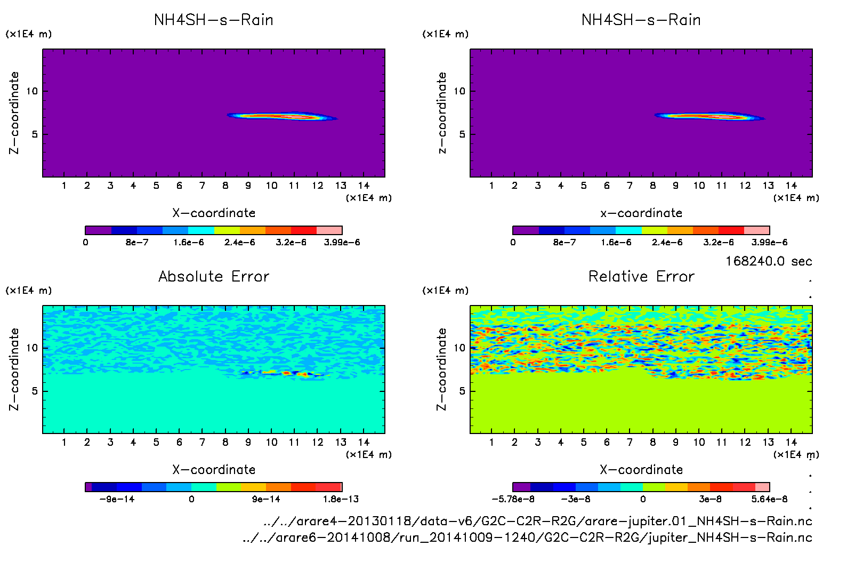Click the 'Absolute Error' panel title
point(214,276)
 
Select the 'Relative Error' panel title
point(641,276)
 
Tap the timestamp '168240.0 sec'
point(769,261)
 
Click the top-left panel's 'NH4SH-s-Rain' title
point(214,20)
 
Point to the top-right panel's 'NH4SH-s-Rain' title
point(641,20)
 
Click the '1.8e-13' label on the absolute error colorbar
point(341,499)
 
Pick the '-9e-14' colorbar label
point(117,499)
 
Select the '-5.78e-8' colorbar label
point(513,499)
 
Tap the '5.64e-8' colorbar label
point(769,499)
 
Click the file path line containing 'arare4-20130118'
point(537,521)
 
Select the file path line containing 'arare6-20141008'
point(527,537)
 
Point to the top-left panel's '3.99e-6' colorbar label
point(342,242)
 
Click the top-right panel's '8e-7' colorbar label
point(564,242)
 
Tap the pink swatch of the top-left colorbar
point(329,230)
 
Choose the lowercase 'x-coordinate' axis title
point(641,213)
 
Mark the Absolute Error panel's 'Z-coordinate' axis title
point(14,369)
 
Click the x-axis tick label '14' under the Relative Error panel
point(791,442)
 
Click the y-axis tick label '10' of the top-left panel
point(32,91)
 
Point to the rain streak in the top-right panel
point(709,116)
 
